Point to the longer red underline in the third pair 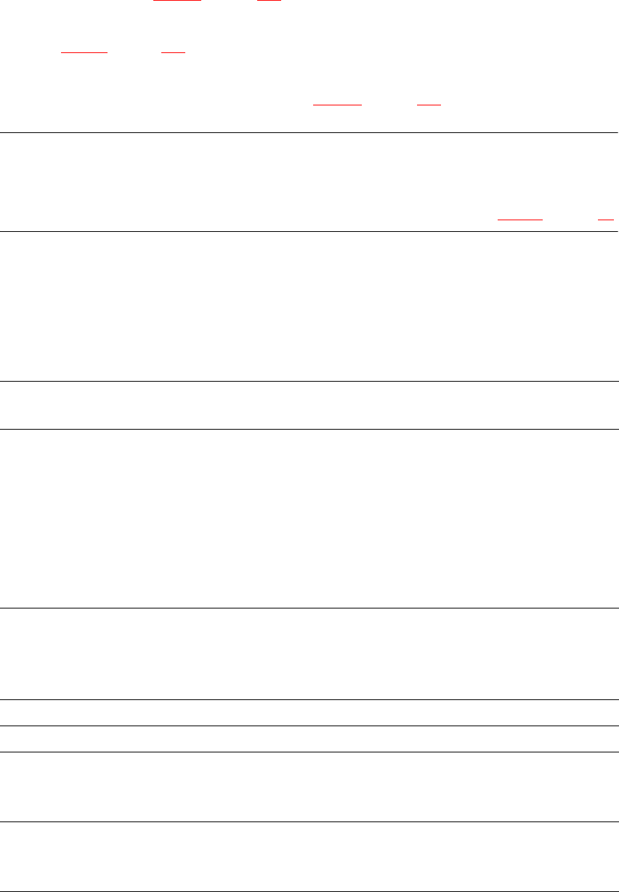coord(337,105)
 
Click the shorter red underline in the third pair coord(429,105)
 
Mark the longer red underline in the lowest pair coord(520,218)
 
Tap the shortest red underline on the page coord(605,218)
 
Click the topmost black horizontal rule coord(309,132)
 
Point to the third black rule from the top coord(309,381)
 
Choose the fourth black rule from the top coord(309,428)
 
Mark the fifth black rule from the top coord(309,608)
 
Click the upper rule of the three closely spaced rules coord(309,699)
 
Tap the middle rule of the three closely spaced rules coord(309,726)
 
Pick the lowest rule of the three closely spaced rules coord(309,752)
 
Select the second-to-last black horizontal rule coord(309,821)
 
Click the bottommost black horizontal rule coord(309,891)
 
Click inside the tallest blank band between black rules coord(309,518)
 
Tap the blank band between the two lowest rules coord(309,856)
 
